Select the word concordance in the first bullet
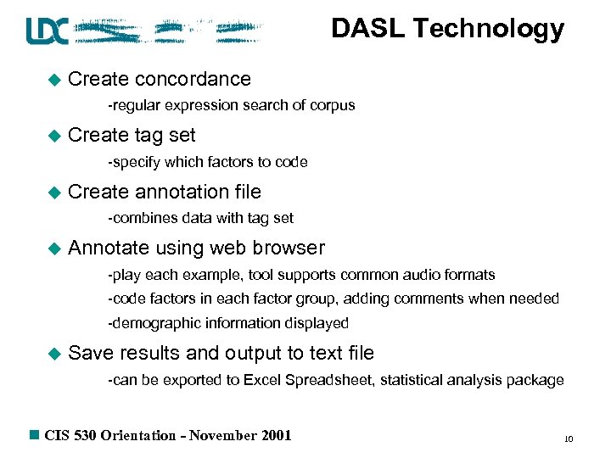(x=193, y=79)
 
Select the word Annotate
(x=107, y=248)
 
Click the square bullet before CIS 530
(x=34, y=435)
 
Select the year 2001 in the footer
(x=273, y=436)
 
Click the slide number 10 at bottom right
(x=569, y=439)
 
